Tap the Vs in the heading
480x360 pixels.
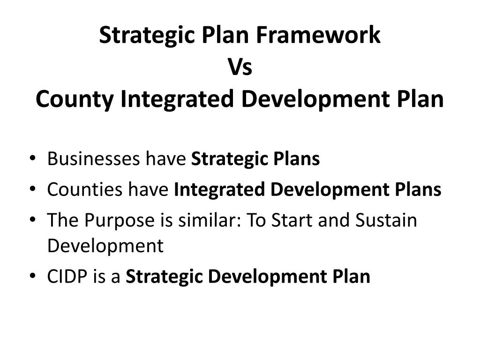(240, 67)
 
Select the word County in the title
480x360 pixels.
(75, 99)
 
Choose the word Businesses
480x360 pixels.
(93, 159)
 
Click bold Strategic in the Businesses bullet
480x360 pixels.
(223, 159)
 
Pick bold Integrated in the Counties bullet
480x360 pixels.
(219, 190)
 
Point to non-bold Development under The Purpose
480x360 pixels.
(105, 246)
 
